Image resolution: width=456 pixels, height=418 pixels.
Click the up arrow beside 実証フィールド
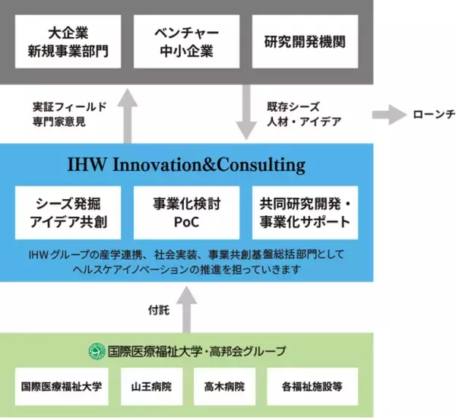[x=128, y=114]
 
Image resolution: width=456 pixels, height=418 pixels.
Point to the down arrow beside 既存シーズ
[x=246, y=114]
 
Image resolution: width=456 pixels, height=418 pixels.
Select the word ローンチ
[x=433, y=115]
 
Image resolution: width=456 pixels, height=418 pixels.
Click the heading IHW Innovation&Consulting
[x=186, y=164]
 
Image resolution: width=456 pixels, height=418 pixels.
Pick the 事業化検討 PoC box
[x=186, y=212]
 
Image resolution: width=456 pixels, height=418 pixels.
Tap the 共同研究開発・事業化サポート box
[x=304, y=212]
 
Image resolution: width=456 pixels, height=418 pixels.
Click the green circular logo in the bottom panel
[x=96, y=351]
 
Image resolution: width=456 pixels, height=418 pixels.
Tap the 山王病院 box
[x=150, y=387]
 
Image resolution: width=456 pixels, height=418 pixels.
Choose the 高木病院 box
[x=223, y=387]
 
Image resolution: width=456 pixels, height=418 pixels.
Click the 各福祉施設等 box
[x=312, y=387]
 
